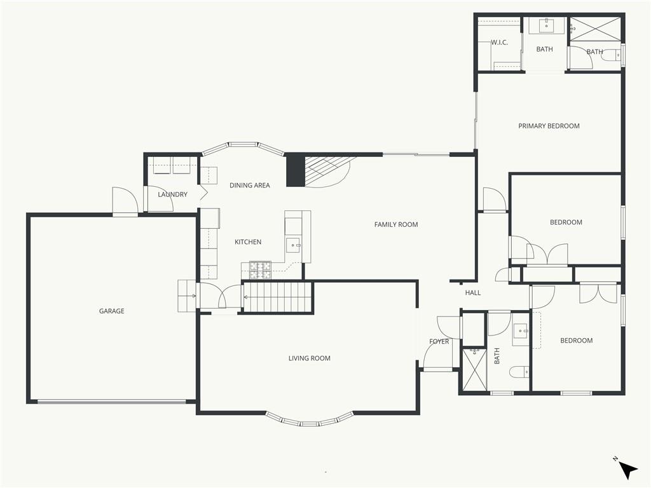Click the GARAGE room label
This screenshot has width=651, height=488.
click(x=112, y=311)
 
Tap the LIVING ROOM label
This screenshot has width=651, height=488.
click(x=310, y=358)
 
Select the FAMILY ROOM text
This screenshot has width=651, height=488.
click(x=396, y=224)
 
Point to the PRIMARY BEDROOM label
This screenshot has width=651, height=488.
click(x=549, y=126)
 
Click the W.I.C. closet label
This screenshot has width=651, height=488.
click(x=500, y=43)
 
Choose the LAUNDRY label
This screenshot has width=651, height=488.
click(x=172, y=194)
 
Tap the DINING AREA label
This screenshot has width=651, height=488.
click(x=249, y=186)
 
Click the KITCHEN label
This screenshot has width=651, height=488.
click(x=248, y=242)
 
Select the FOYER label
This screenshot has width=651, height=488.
click(x=439, y=341)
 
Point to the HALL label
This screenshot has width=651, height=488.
click(x=473, y=292)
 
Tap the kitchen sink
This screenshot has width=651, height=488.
click(x=294, y=245)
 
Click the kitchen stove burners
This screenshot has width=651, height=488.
click(x=260, y=270)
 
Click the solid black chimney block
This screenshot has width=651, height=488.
click(x=296, y=170)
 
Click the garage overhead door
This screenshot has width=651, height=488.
click(x=112, y=402)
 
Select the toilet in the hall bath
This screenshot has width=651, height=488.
click(x=519, y=372)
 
